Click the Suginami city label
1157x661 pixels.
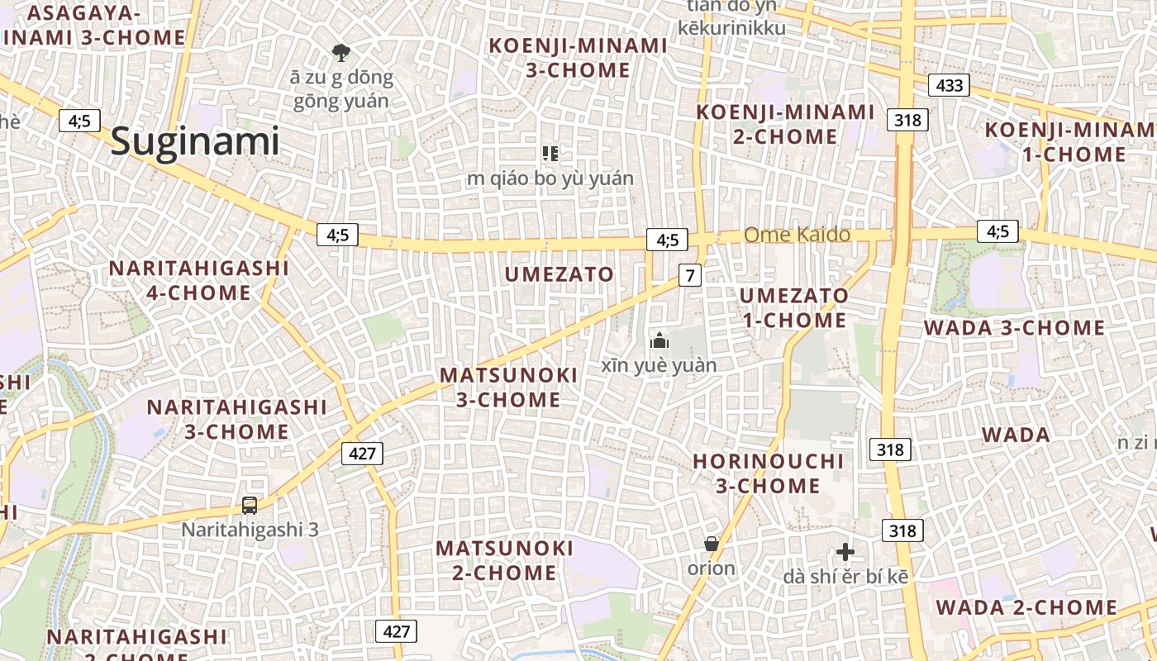tap(195, 141)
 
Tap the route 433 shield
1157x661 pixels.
tap(949, 85)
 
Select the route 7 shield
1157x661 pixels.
tap(690, 274)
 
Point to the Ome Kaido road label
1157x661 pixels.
tap(797, 235)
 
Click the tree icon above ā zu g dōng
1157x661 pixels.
tap(340, 54)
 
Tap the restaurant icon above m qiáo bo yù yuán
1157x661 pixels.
tap(550, 154)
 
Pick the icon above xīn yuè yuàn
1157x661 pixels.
tap(659, 340)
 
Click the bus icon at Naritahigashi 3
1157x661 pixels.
tap(250, 505)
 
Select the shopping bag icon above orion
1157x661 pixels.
tap(711, 544)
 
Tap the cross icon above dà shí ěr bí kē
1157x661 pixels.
tap(845, 552)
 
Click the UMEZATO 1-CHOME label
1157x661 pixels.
tap(793, 307)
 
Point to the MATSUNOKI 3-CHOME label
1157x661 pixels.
tap(508, 388)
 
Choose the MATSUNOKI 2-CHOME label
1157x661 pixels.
tap(504, 560)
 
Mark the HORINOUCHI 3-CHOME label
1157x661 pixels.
tap(768, 473)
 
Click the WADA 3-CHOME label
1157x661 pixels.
tap(1014, 328)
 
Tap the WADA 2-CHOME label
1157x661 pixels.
tap(1026, 608)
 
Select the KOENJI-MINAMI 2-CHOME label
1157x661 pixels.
tap(785, 124)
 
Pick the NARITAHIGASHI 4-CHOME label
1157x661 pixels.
tap(198, 280)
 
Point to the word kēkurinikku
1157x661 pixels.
tap(731, 28)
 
